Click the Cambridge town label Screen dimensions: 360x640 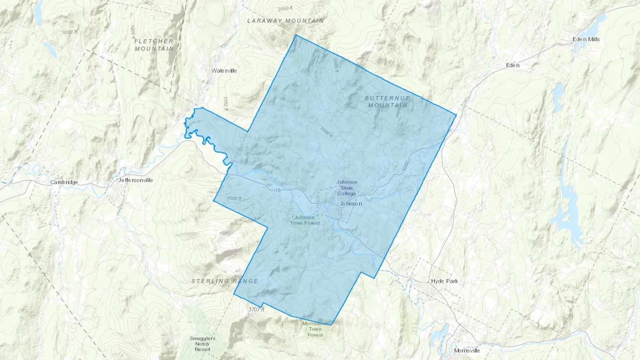point(64,182)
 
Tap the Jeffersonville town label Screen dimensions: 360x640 point(135,180)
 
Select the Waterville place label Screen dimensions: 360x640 point(224,71)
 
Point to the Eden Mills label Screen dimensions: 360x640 point(586,39)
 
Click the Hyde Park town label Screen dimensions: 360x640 point(444,281)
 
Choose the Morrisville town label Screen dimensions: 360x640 point(467,351)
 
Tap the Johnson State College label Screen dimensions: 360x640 point(347,188)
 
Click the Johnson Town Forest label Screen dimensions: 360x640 point(305,220)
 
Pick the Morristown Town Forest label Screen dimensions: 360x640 point(315,329)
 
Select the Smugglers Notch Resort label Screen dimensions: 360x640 point(202,344)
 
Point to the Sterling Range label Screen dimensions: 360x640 point(225,281)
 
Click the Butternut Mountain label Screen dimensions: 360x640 point(387,102)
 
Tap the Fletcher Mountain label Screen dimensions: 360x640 point(154,45)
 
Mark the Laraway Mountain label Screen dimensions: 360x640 point(286,21)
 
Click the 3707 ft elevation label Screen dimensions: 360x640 point(256,310)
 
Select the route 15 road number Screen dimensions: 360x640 point(278,190)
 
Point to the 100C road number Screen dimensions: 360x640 point(406,166)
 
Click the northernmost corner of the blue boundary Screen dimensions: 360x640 point(296,35)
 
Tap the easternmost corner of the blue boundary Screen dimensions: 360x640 point(456,115)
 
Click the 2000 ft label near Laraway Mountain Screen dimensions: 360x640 point(285,9)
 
